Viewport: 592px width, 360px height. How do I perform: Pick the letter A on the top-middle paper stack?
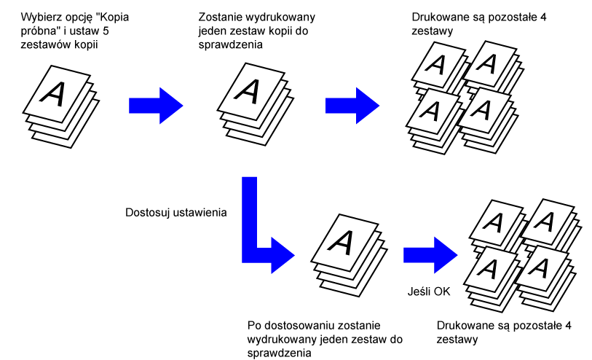click(248, 90)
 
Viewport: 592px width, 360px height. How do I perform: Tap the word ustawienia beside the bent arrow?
click(201, 214)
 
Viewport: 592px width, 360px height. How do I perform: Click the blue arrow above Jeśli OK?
click(430, 254)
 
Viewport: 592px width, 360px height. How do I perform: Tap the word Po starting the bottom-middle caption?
click(256, 325)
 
